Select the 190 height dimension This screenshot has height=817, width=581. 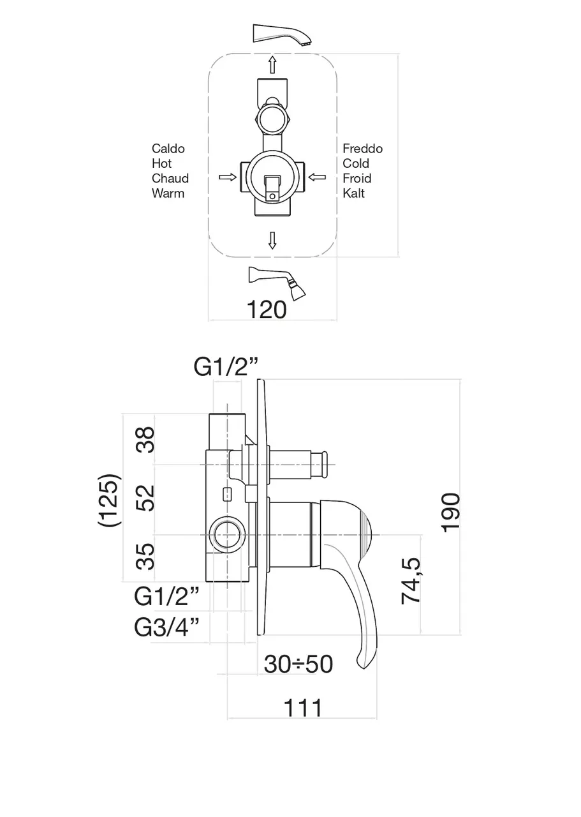click(x=450, y=511)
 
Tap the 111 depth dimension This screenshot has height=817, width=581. click(x=302, y=707)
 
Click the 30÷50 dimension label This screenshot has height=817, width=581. click(x=298, y=664)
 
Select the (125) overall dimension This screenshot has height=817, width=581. click(x=109, y=500)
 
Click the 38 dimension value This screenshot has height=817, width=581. click(x=147, y=440)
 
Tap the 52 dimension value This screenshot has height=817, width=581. click(x=147, y=498)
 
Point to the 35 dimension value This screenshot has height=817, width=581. click(x=147, y=555)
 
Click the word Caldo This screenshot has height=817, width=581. click(x=168, y=149)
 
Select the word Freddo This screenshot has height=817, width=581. click(x=362, y=149)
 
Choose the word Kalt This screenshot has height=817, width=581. click(x=354, y=193)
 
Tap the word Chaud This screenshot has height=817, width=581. click(x=170, y=178)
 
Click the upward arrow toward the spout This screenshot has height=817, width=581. click(x=272, y=64)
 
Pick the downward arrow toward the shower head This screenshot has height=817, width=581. click(x=272, y=241)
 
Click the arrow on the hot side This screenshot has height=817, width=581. click(x=226, y=176)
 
